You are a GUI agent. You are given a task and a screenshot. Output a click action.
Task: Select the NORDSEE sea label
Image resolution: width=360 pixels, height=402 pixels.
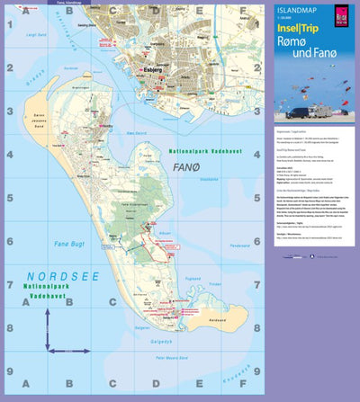coord(54,276)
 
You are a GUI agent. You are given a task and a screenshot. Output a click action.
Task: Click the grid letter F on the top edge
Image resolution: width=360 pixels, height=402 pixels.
coord(240,12)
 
